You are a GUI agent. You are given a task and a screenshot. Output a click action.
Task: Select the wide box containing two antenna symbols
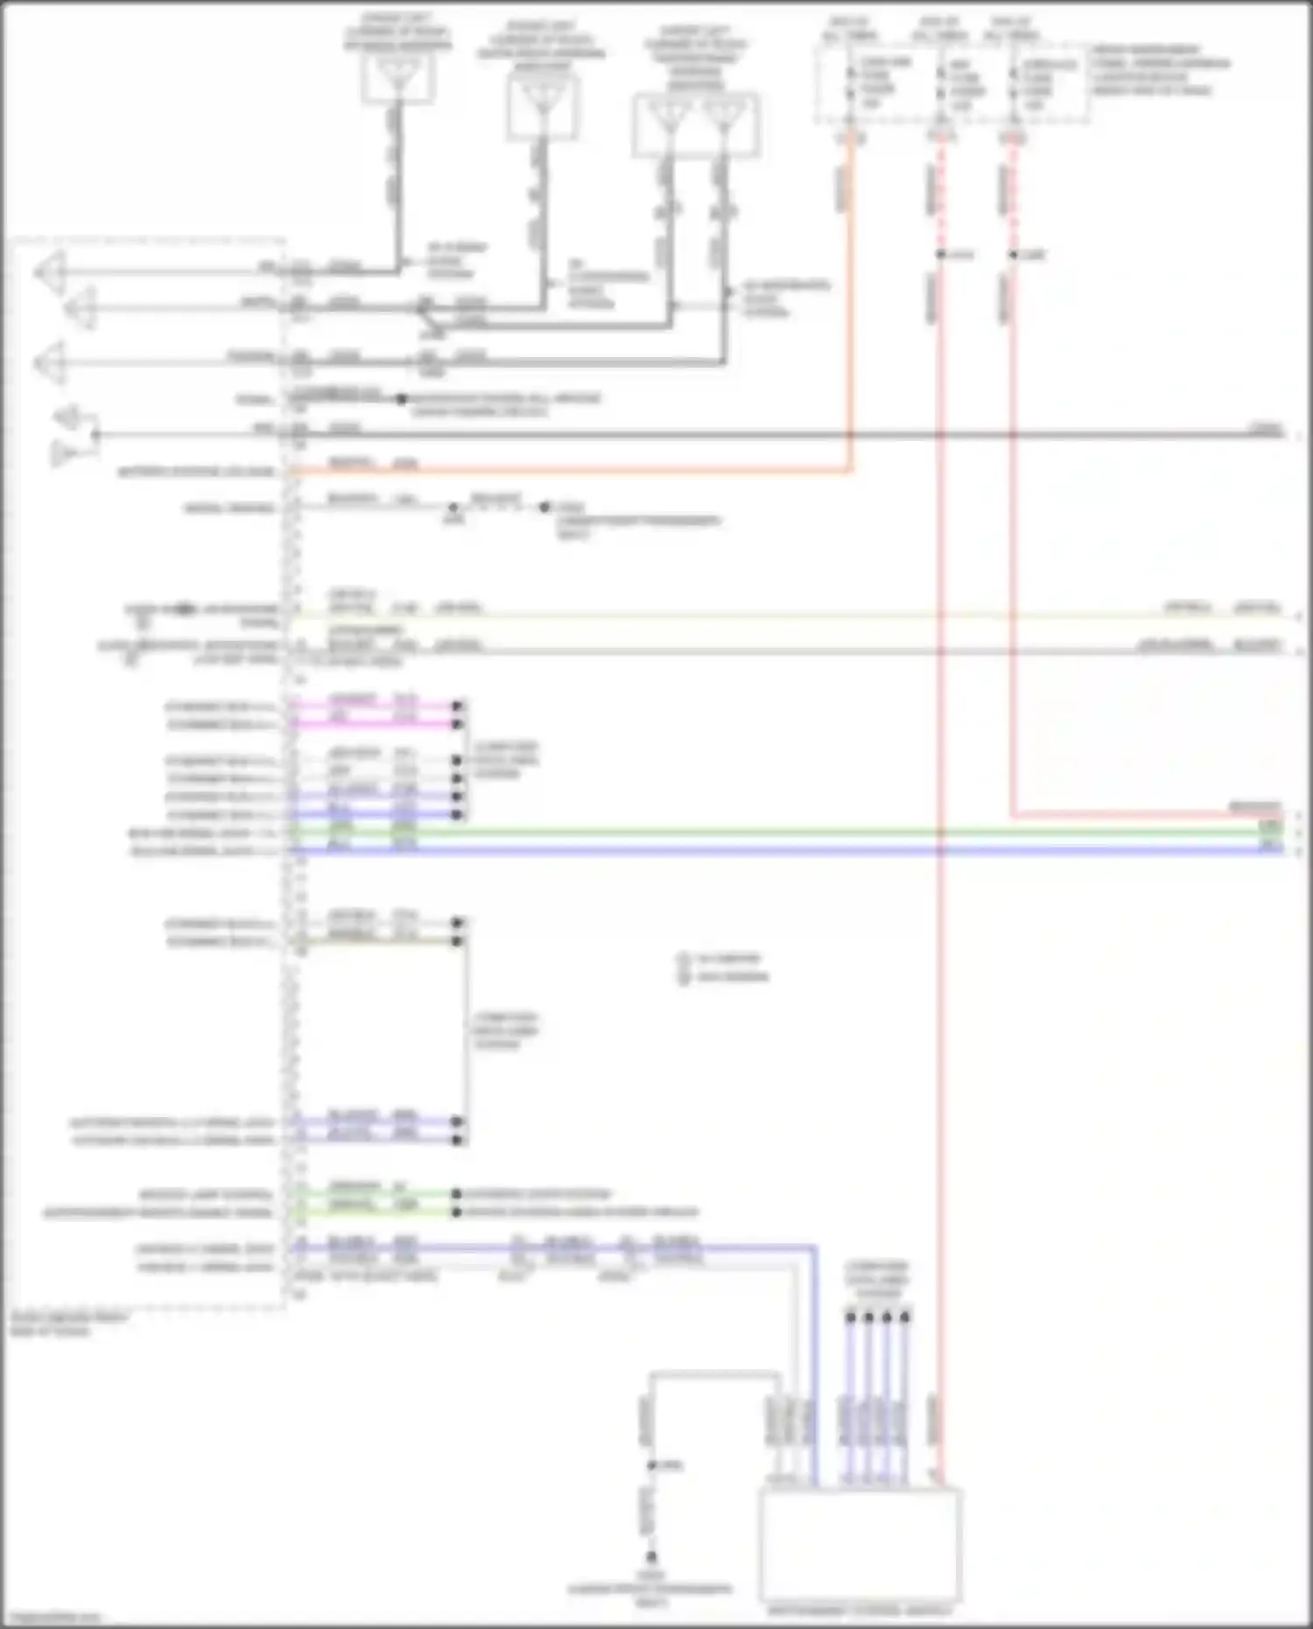tap(695, 124)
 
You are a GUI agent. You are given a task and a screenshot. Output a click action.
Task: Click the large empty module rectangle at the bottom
tap(860, 1544)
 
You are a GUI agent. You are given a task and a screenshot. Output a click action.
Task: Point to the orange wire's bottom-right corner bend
tap(849, 471)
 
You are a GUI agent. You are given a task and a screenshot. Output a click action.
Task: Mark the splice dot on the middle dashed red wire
tap(940, 255)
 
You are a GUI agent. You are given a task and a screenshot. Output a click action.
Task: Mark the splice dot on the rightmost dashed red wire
tap(1013, 255)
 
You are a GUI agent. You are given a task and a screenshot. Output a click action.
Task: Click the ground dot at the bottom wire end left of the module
tap(651, 1557)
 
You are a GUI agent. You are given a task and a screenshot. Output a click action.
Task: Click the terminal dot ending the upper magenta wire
tap(457, 706)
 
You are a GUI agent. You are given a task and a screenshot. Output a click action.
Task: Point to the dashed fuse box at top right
tap(952, 84)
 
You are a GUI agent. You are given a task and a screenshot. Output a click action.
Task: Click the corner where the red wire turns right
tap(1014, 816)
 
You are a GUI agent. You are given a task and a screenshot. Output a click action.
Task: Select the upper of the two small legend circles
tap(684, 959)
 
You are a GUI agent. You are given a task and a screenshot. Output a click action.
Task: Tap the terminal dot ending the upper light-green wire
tap(456, 1194)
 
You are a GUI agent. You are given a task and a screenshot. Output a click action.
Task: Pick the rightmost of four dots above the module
tap(905, 1317)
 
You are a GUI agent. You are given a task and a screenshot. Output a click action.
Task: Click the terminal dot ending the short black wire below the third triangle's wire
tap(401, 399)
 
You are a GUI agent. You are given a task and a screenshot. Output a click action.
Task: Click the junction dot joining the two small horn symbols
tap(95, 434)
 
